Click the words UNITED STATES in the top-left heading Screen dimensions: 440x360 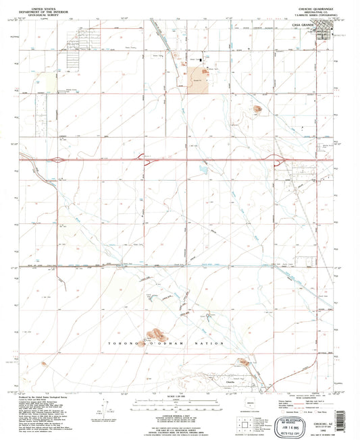(x=43, y=5)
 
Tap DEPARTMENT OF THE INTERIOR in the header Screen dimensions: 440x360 (x=43, y=8)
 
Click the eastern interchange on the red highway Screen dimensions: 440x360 (x=279, y=160)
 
